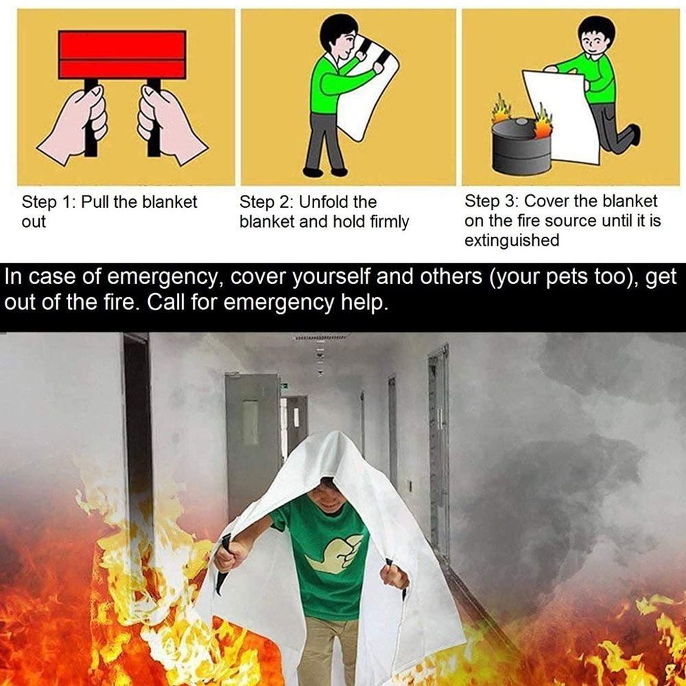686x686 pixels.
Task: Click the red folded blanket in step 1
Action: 122,55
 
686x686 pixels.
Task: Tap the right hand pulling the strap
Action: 171,125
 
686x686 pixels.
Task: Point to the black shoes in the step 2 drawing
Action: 325,171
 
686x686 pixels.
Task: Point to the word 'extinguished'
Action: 512,240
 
